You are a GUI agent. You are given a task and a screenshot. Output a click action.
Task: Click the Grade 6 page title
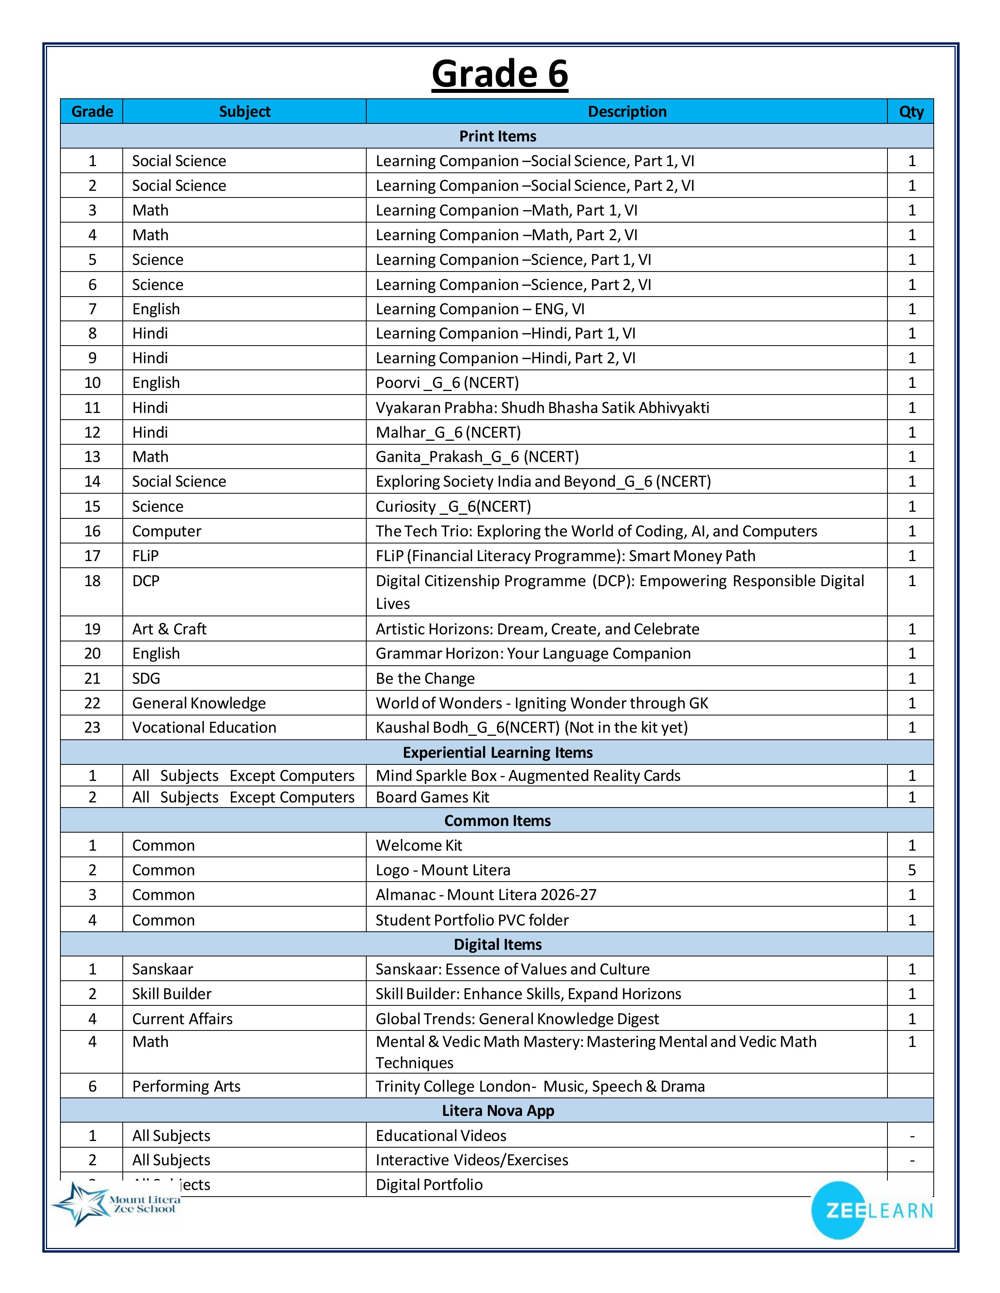tap(499, 74)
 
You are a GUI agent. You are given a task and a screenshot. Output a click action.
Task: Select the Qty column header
tap(911, 111)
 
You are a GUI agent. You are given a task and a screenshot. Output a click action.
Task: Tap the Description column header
tap(627, 111)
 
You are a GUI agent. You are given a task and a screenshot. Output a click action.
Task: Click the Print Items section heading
tap(498, 136)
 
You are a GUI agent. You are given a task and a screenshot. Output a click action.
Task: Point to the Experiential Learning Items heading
tap(498, 752)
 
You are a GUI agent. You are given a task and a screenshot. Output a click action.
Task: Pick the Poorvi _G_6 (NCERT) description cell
tap(447, 382)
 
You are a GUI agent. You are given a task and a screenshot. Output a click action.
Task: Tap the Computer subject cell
tap(166, 531)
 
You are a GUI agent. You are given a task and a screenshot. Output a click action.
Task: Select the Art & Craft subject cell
tap(169, 629)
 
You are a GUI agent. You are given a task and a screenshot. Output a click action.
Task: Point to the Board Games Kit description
tap(433, 797)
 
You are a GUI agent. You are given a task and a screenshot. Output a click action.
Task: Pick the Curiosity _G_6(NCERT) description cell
tap(453, 506)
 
